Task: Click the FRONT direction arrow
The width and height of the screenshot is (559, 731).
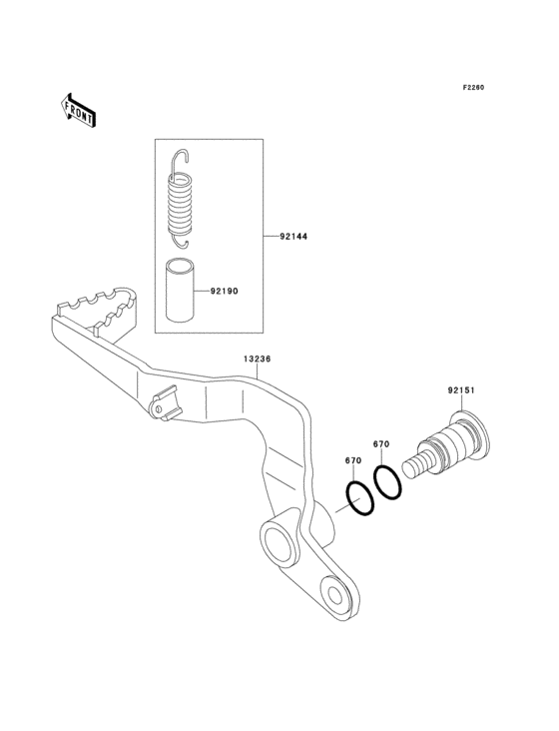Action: point(78,110)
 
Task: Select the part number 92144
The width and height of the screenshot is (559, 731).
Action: point(293,237)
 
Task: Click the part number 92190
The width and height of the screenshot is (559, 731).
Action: point(224,292)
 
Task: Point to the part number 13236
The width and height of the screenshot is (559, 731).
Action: point(257,359)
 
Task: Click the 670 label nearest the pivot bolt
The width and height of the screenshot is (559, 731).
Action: point(381,444)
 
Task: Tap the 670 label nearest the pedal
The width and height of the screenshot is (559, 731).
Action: point(353,460)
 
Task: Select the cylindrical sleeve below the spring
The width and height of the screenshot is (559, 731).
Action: point(180,290)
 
